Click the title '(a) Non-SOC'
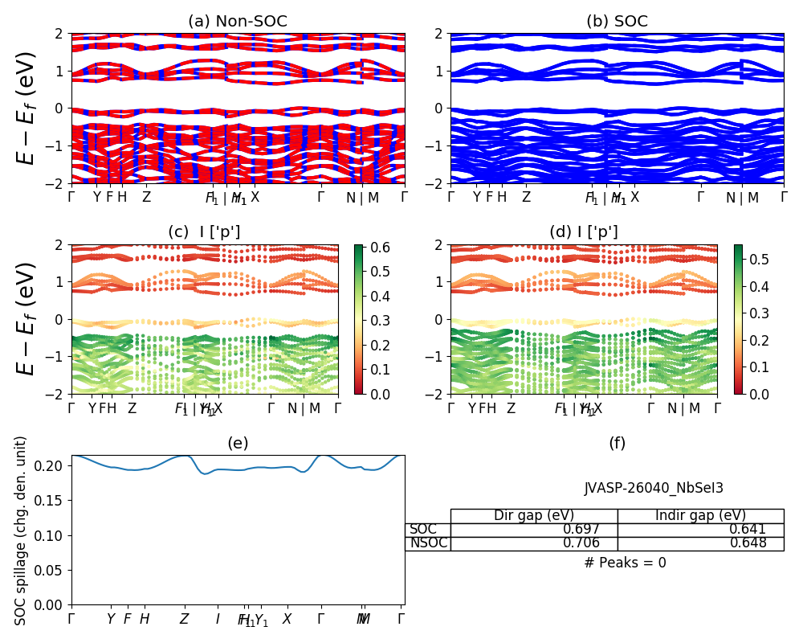[x=238, y=22]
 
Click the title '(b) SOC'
[x=617, y=22]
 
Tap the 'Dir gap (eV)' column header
[x=534, y=515]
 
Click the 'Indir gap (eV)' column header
[x=700, y=515]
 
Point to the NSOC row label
[x=427, y=543]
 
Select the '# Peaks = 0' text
[x=625, y=563]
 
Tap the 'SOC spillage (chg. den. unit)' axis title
[x=21, y=530]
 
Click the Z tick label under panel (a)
[x=146, y=196]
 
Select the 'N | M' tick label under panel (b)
[x=743, y=196]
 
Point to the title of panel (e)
[x=238, y=443]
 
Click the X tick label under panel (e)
[x=287, y=619]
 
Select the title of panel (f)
[x=617, y=443]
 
